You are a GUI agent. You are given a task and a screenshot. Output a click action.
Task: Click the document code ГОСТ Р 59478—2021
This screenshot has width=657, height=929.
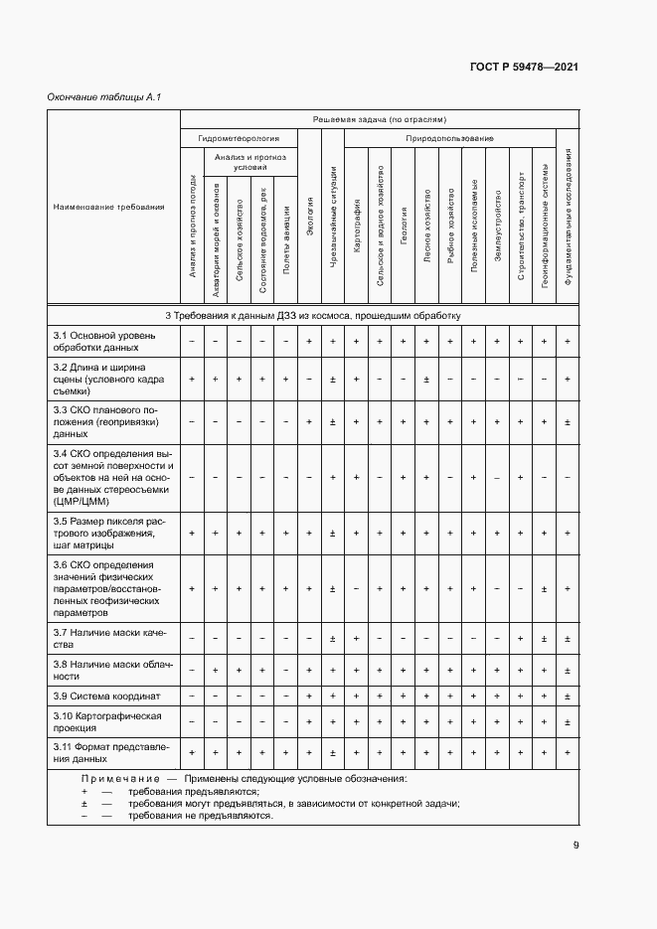point(524,67)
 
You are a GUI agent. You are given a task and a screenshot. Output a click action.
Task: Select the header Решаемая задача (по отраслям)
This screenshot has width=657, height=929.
point(380,118)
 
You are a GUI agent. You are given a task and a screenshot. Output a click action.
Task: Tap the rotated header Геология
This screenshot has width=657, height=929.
point(403,219)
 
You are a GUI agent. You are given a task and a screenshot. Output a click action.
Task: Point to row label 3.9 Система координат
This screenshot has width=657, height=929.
point(99,695)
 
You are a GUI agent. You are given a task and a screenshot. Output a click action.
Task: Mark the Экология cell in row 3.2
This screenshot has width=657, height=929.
point(309,379)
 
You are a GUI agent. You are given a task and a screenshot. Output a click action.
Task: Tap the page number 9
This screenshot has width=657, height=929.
point(575,846)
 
